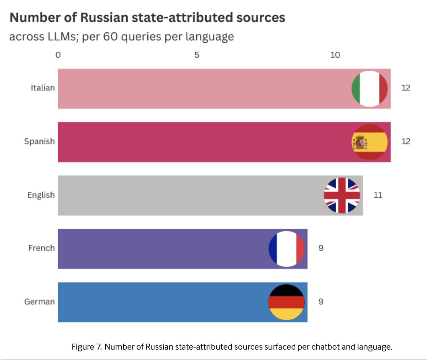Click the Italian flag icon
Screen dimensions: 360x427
[x=369, y=89]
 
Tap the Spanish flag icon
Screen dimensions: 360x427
[x=369, y=142]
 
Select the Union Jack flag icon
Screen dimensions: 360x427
[x=342, y=195]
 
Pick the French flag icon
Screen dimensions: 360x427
[x=286, y=249]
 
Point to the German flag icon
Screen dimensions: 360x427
[x=286, y=302]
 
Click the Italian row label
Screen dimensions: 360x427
[x=43, y=88]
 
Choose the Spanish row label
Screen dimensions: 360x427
[x=39, y=141]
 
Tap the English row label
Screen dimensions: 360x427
[x=41, y=195]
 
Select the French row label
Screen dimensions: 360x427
[x=42, y=248]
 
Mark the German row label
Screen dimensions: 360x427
[x=39, y=302]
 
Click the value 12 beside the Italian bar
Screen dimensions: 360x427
[x=406, y=88]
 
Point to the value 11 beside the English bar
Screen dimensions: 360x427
[x=378, y=195]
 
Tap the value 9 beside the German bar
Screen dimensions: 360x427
[x=321, y=302]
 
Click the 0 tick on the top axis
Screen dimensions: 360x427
[x=58, y=55]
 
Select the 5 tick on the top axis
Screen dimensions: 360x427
[x=197, y=55]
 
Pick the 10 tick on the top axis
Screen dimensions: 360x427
[x=335, y=55]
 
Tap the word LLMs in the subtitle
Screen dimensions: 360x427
[x=63, y=37]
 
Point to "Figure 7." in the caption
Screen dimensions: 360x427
[x=87, y=346]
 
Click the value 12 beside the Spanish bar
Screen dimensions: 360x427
[x=406, y=141]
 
